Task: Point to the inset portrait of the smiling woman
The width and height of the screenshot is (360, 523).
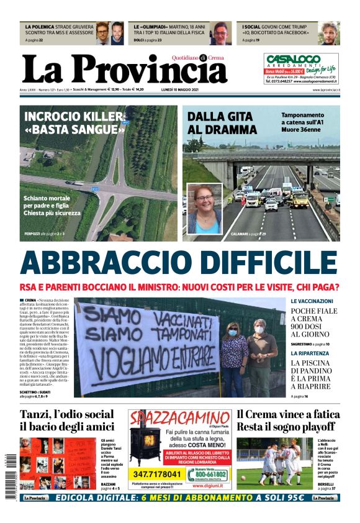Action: click(x=204, y=209)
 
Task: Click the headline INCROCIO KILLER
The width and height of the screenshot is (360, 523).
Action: click(x=74, y=116)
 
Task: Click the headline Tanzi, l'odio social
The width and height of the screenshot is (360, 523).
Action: click(x=67, y=414)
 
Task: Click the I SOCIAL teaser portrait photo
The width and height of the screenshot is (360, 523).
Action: click(x=330, y=33)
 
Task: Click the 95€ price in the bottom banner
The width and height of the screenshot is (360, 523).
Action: click(x=290, y=498)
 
